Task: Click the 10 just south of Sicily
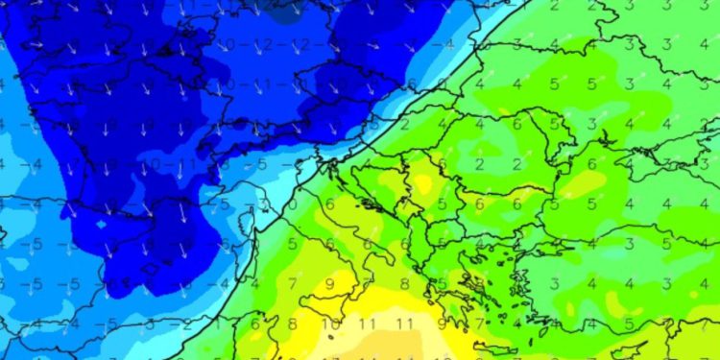point(330,324)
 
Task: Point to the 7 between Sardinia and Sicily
point(294,283)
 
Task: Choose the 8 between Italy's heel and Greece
point(403,283)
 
